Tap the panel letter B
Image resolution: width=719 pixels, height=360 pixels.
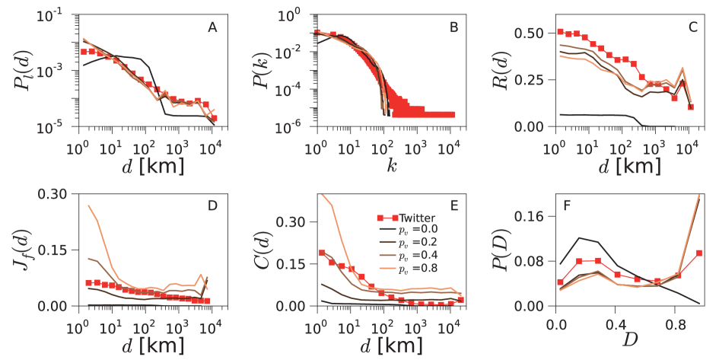click(x=453, y=28)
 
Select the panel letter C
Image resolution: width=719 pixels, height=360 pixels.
click(x=692, y=28)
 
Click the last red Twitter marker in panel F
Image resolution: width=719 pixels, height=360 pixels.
click(x=699, y=253)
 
